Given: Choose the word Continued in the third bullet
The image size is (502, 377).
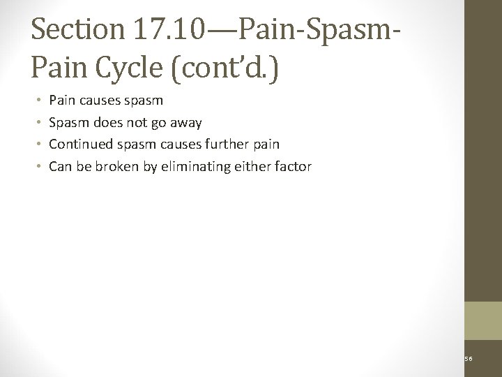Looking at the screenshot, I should (x=77, y=145).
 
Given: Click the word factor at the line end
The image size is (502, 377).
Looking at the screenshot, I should (x=295, y=166).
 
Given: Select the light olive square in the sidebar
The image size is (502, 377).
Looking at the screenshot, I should (x=482, y=320).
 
